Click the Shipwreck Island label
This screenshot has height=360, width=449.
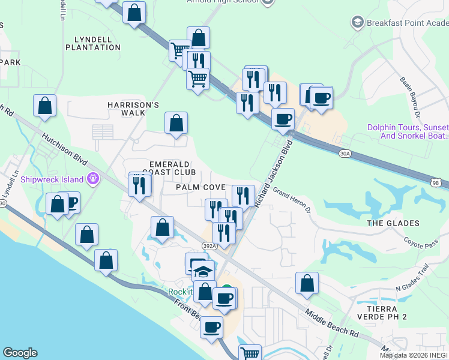pos(53,179)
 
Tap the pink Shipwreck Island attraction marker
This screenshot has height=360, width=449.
pos(92,178)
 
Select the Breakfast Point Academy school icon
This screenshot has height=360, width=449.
pos(358,23)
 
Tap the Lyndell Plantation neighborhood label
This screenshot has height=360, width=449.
pos(97,43)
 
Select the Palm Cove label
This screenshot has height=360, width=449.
pos(201,187)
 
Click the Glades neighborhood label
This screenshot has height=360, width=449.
pos(393,223)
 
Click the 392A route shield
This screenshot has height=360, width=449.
pos(207,245)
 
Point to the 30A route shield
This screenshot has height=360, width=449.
pos(344,154)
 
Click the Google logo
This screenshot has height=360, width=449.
pos(20,353)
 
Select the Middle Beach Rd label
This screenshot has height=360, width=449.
pos(331,323)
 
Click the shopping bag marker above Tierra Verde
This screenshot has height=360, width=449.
pos(307,283)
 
